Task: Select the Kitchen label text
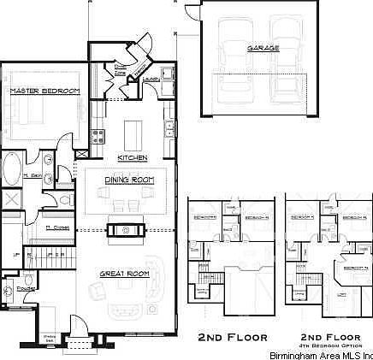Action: tap(133, 157)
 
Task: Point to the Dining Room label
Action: tap(129, 180)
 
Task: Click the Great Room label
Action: tap(125, 274)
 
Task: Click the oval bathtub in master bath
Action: tap(12, 167)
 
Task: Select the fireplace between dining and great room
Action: tap(126, 228)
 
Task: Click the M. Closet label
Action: tap(56, 227)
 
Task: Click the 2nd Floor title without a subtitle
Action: tap(233, 335)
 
